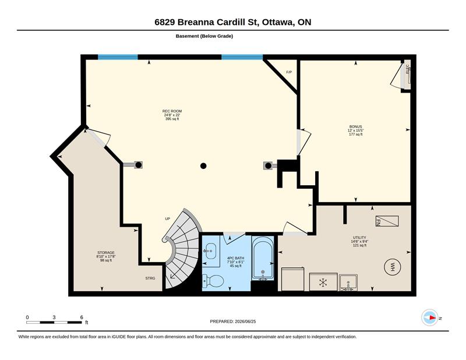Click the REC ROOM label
(172, 111)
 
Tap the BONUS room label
(355, 126)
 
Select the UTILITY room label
(359, 238)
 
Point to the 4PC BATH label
(236, 258)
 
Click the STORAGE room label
(106, 253)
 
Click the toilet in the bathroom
(213, 280)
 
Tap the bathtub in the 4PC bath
(263, 258)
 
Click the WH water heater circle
(392, 266)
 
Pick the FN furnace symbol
(387, 221)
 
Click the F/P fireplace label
(289, 72)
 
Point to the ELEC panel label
(407, 69)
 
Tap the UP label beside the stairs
(168, 219)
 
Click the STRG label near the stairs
(150, 278)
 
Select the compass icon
(430, 317)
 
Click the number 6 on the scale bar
(82, 317)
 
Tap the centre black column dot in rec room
(203, 166)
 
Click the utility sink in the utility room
(348, 283)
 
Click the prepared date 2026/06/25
(245, 322)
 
